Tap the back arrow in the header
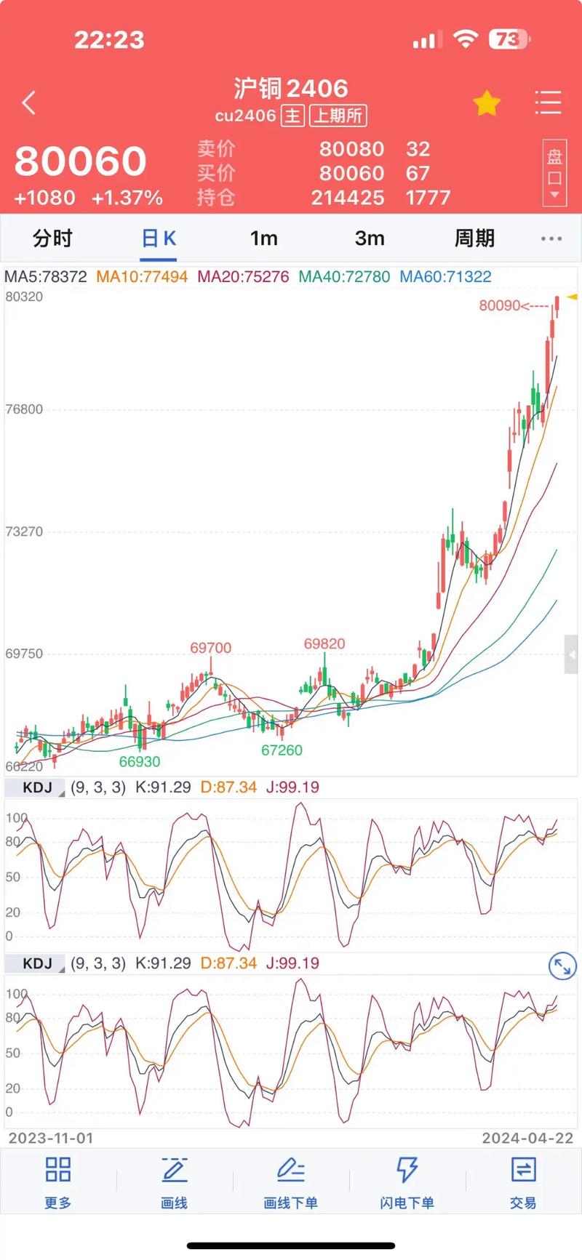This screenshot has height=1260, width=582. (29, 103)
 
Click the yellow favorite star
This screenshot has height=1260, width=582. (487, 103)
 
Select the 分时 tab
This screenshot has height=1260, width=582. (52, 238)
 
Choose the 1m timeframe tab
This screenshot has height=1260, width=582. (263, 238)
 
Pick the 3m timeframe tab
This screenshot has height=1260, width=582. (370, 238)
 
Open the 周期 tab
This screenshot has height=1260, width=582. (474, 238)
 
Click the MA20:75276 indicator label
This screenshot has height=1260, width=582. (243, 277)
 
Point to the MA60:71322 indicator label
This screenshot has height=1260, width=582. (445, 277)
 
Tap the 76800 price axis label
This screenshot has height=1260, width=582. (24, 409)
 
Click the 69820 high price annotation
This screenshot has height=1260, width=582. (324, 644)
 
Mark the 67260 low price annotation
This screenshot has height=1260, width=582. (282, 750)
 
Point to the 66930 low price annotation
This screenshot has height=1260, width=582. (140, 762)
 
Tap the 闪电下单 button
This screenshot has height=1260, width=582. (407, 1182)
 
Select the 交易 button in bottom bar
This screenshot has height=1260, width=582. (523, 1182)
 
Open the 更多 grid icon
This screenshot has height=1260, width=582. (58, 1182)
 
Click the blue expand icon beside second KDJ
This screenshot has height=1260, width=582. (562, 966)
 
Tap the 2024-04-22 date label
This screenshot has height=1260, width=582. (527, 1139)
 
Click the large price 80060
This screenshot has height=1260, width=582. (81, 161)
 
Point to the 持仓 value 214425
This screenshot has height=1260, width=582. (348, 198)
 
